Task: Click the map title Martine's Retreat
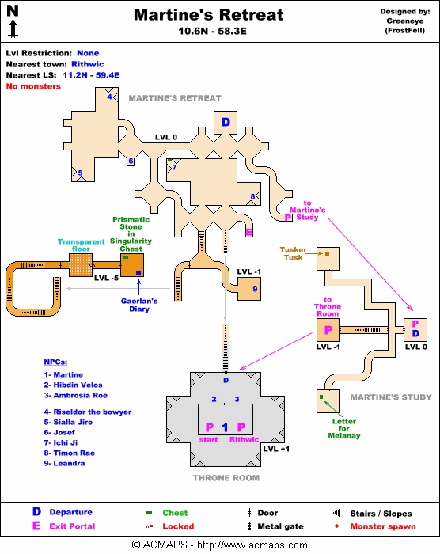[208, 15]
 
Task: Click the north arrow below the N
[13, 29]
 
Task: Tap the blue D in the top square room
[226, 122]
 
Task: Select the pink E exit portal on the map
[249, 232]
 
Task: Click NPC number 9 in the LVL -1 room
[255, 289]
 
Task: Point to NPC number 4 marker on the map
[109, 97]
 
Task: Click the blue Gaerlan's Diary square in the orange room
[138, 272]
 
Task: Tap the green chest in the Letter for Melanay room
[321, 397]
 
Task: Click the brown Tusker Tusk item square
[327, 254]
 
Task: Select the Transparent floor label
[81, 245]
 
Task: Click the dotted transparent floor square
[81, 264]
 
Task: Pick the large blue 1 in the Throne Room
[225, 427]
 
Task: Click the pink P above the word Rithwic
[241, 427]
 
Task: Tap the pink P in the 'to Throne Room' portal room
[328, 330]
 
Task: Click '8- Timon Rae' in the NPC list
[70, 453]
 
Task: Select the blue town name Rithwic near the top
[88, 64]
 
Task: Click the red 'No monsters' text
[33, 86]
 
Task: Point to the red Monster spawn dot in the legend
[336, 526]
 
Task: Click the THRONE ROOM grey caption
[226, 478]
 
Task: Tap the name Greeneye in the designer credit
[405, 21]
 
